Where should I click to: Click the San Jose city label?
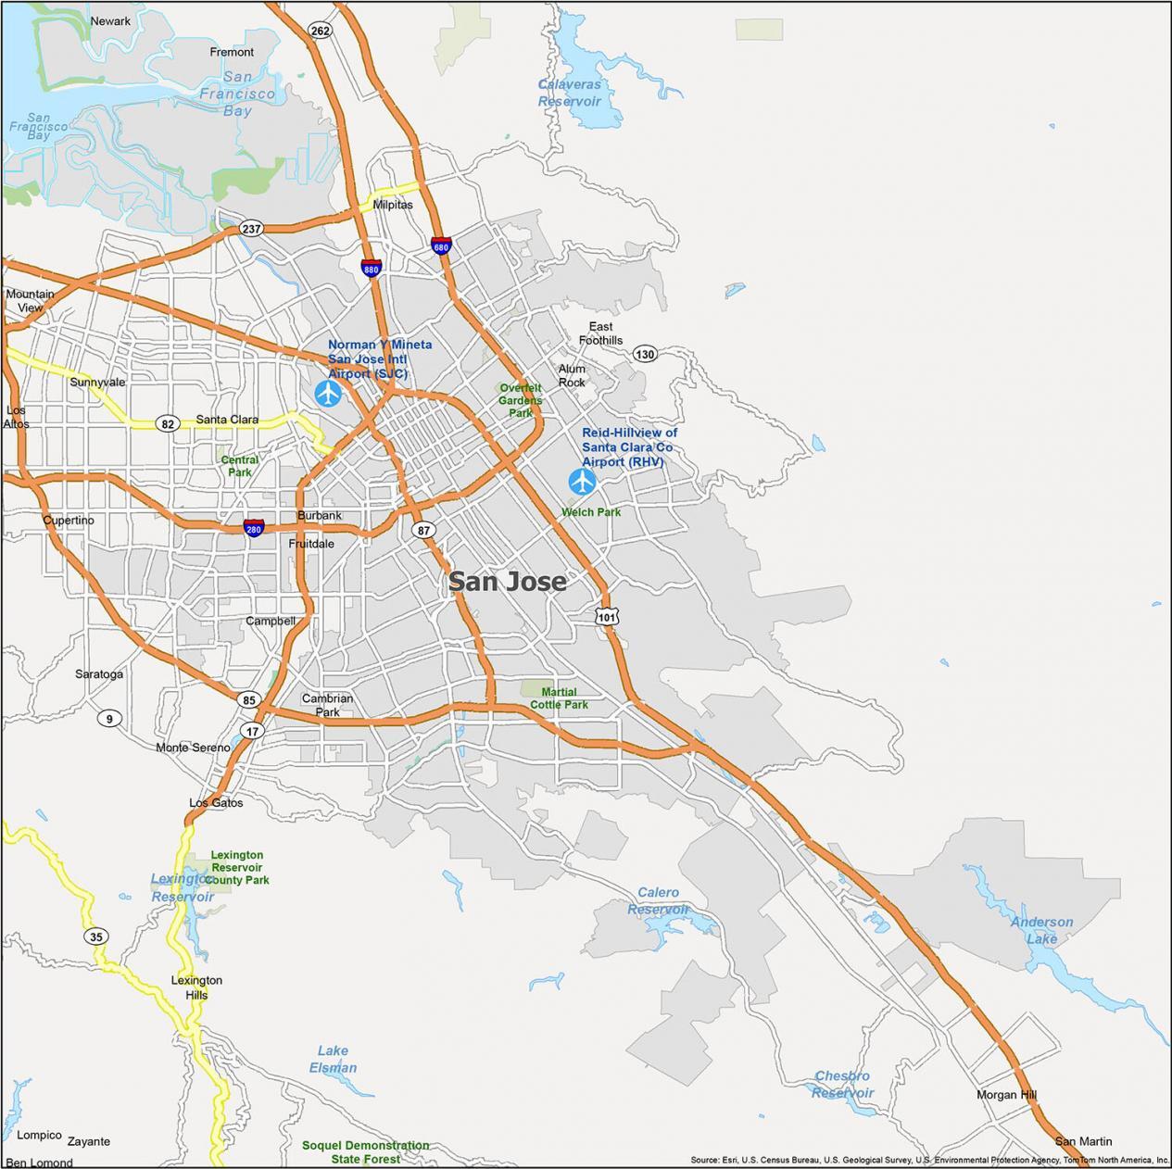pos(507,581)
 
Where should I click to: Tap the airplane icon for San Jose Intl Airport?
pos(328,394)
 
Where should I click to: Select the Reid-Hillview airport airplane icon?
pos(582,482)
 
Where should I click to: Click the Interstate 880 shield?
pos(372,269)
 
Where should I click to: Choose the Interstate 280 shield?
pos(254,528)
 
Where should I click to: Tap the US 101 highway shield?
pos(607,616)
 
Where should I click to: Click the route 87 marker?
pos(423,530)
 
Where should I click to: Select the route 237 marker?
pos(251,229)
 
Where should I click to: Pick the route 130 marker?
pos(645,354)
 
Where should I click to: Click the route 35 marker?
pos(96,936)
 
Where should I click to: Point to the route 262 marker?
pos(320,31)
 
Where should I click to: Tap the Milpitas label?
pos(393,205)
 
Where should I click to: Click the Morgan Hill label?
pos(1006,1095)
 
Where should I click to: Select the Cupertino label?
pos(69,521)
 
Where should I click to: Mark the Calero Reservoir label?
pos(658,900)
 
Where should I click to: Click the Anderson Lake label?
pos(1041,930)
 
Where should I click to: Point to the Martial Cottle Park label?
pos(559,698)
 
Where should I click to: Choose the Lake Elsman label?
pos(333,1059)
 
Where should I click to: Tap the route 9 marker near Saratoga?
pos(109,719)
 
